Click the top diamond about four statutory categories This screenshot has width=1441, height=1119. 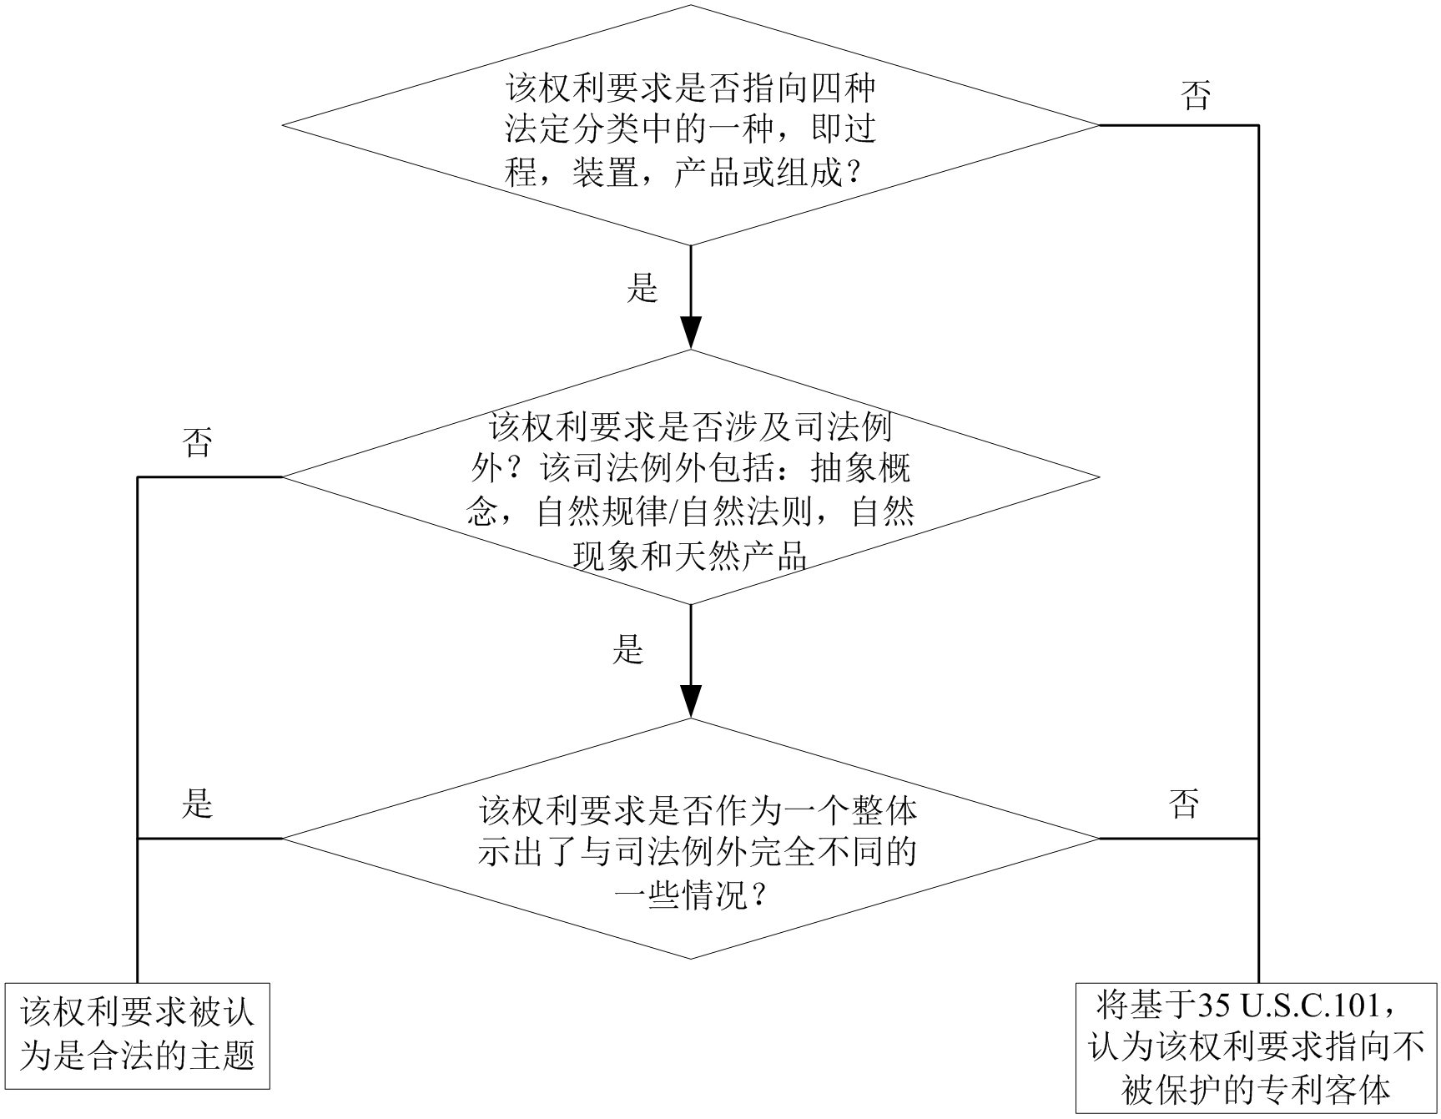tap(690, 125)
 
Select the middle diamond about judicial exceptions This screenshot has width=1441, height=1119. tap(690, 477)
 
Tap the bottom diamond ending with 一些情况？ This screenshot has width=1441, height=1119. tap(690, 838)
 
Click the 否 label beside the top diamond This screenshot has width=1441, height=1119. tap(1196, 96)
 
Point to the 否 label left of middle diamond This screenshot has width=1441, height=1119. tap(198, 442)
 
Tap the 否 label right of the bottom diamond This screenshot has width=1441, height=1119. tap(1185, 804)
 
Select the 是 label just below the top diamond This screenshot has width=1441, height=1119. tap(642, 288)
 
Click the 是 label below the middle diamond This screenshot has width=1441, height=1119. tap(628, 648)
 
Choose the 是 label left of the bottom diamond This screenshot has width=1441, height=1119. tap(198, 804)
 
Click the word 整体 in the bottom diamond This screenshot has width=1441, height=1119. tap(884, 809)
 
